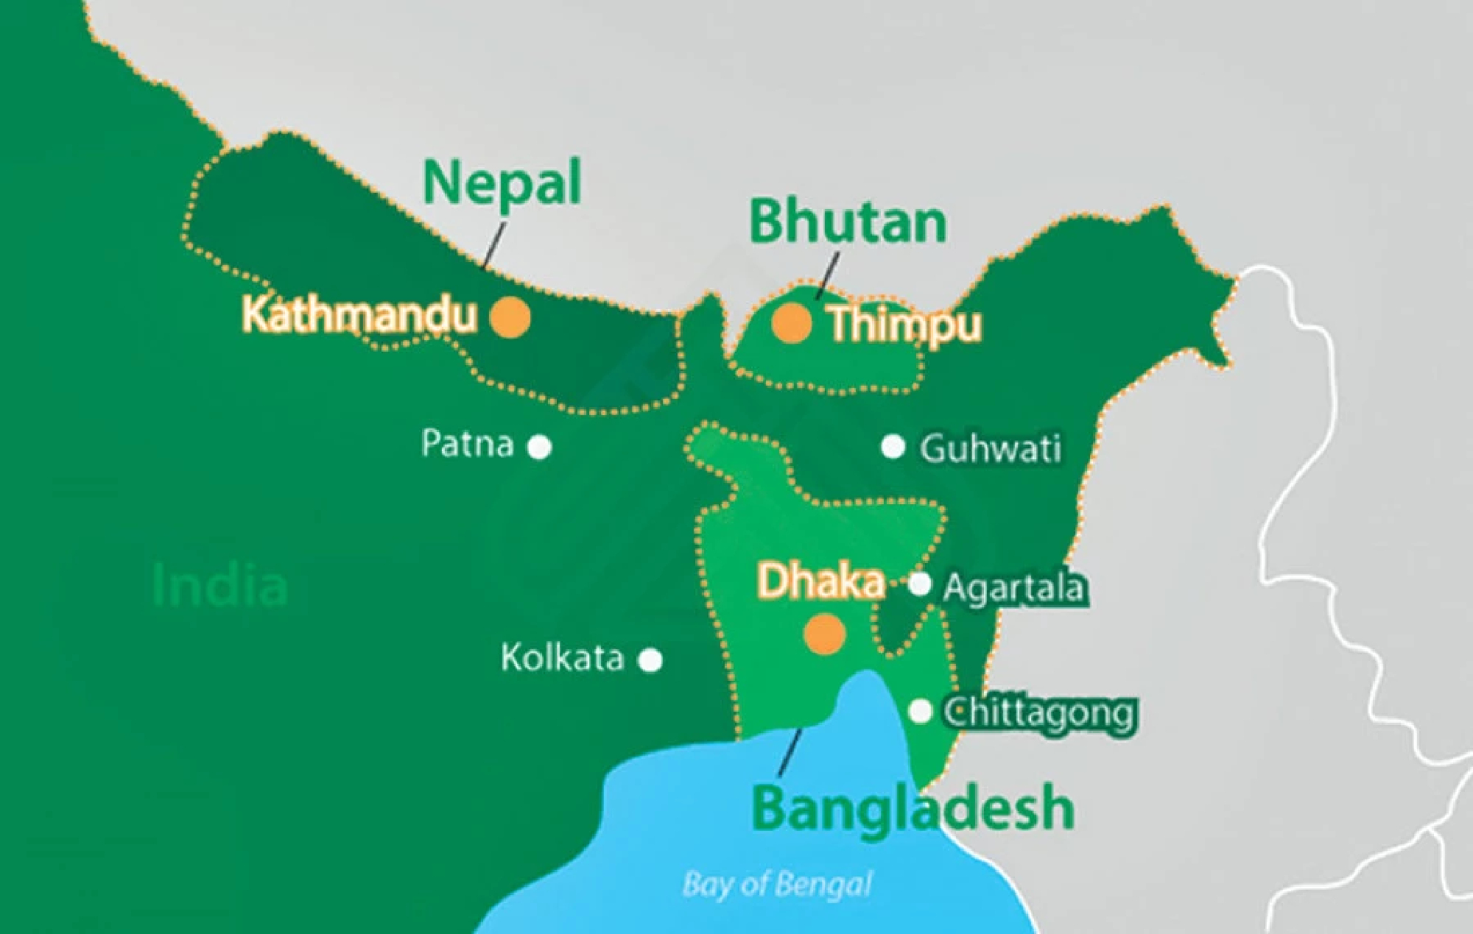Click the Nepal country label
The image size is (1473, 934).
(502, 183)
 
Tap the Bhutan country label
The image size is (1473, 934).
(848, 222)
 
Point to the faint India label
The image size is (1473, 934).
(219, 587)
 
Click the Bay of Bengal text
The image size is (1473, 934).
(777, 884)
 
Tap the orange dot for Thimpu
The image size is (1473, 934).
(792, 323)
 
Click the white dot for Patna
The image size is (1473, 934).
(540, 447)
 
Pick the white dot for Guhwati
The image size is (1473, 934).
(893, 446)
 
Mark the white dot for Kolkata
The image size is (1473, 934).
(650, 660)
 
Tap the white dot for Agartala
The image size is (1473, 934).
(919, 584)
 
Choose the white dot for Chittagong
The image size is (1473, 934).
(920, 711)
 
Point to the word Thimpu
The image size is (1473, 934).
(904, 325)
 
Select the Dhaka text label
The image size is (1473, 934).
(820, 581)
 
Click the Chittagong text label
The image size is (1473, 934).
(1039, 713)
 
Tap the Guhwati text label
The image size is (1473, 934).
(991, 448)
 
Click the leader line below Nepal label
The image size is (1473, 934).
(495, 244)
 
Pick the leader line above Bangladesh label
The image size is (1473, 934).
(790, 752)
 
